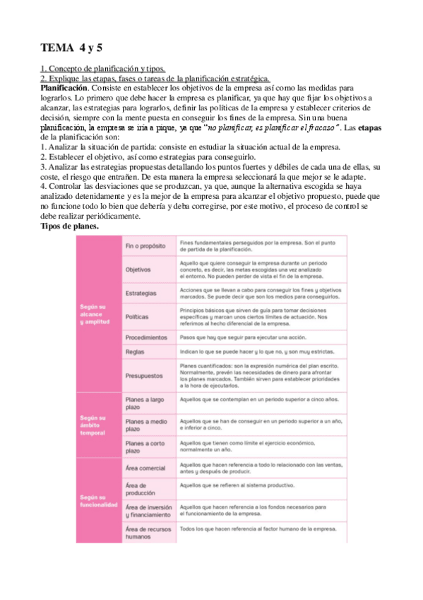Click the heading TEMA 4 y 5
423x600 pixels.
point(72,48)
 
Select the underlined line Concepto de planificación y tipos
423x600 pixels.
point(103,69)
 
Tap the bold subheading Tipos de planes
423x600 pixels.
point(69,226)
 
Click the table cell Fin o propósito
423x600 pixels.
point(145,246)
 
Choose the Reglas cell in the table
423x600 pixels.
point(135,352)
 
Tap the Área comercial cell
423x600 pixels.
point(147,468)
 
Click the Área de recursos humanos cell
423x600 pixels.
point(148,533)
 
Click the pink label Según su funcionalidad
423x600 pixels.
point(98,501)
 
